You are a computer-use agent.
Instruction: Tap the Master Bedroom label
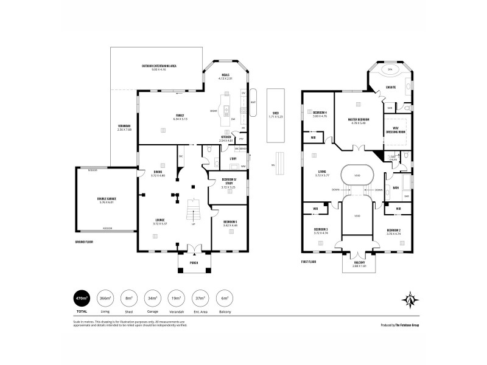[x=359, y=120]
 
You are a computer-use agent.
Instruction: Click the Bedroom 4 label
[x=320, y=113]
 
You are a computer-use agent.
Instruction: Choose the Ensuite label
[x=391, y=88]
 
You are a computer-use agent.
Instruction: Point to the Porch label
[x=193, y=263]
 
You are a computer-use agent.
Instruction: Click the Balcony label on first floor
[x=359, y=263]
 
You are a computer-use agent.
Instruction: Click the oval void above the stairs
[x=357, y=176]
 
